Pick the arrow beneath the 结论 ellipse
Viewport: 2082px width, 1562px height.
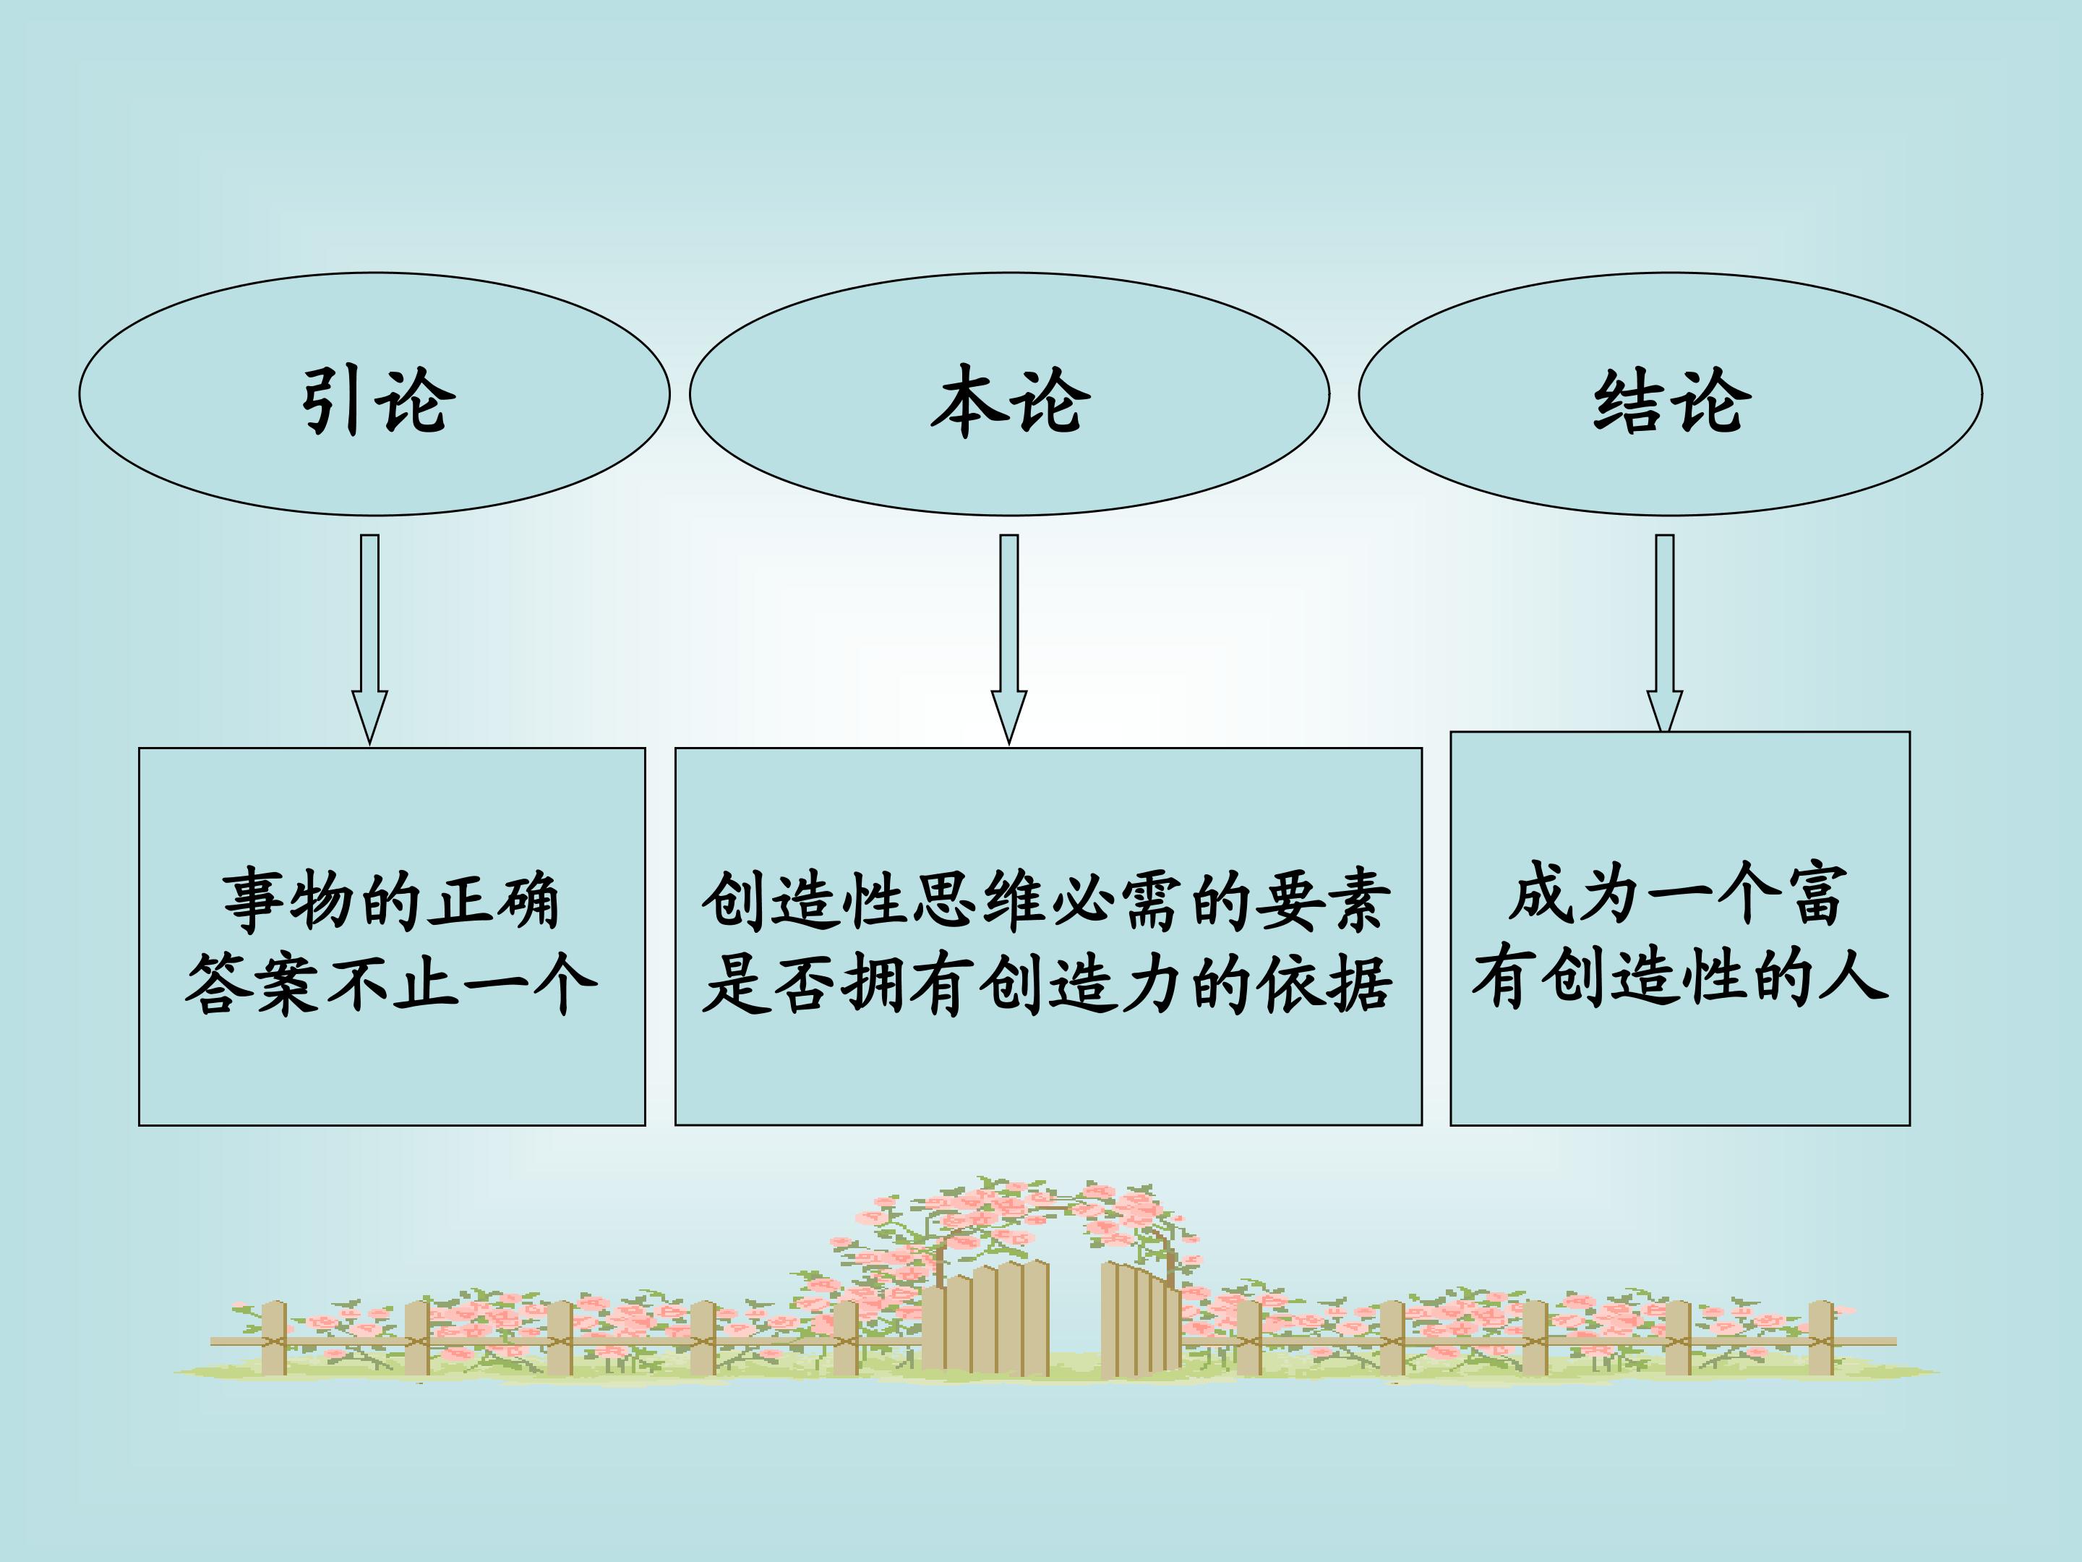[1664, 633]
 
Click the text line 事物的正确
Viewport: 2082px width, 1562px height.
[392, 901]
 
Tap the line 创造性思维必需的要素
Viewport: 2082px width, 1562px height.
[1047, 901]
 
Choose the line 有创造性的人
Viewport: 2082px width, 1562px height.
[1680, 976]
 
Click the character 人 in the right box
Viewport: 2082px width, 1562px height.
[1854, 976]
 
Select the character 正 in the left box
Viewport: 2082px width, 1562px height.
[461, 901]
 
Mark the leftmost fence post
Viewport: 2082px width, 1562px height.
[274, 1338]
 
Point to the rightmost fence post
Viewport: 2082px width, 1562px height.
[1821, 1338]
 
